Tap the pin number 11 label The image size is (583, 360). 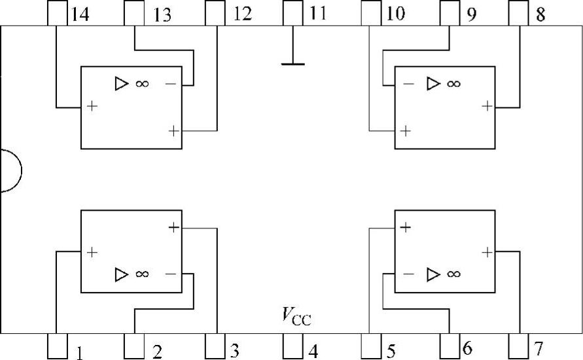tap(317, 14)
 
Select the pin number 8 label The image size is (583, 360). tap(540, 14)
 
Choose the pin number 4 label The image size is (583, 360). tap(313, 351)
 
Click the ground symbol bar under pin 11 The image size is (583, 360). tap(292, 64)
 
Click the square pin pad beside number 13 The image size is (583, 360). tap(133, 12)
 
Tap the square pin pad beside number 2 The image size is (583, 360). tap(133, 346)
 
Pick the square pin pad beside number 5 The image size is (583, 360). tap(371, 346)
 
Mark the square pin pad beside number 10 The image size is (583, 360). tap(371, 12)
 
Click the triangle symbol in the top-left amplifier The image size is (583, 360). tap(122, 84)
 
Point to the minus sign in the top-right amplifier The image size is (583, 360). tap(408, 84)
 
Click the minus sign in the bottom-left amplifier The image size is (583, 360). tap(171, 274)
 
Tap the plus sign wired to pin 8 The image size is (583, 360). tap(487, 106)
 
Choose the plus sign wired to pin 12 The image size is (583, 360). tap(173, 130)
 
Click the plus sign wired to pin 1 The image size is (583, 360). tap(92, 251)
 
